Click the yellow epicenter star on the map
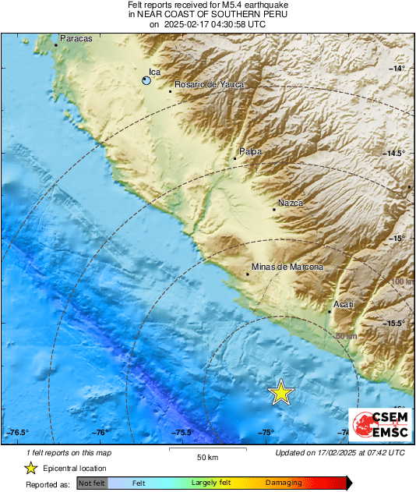click(x=280, y=393)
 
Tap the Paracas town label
click(x=76, y=38)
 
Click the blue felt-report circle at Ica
click(x=146, y=80)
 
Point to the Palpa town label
click(x=250, y=151)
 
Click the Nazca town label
click(x=291, y=203)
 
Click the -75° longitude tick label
click(x=266, y=433)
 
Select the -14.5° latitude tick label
click(x=396, y=153)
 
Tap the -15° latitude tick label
click(x=398, y=238)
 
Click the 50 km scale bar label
click(x=206, y=456)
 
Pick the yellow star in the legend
click(x=30, y=468)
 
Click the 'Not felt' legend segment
click(x=91, y=483)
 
